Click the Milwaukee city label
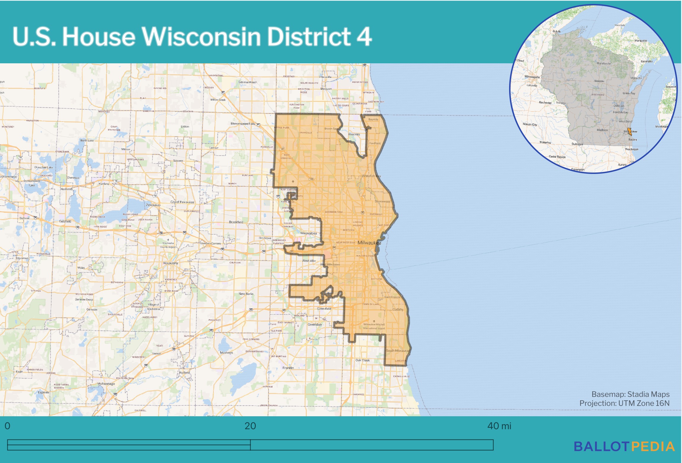[369, 243]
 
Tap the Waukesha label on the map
[170, 263]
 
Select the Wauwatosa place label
[308, 233]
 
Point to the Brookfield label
[236, 222]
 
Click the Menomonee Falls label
[243, 124]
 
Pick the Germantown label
[248, 82]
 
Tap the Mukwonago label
[106, 384]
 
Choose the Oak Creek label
[363, 360]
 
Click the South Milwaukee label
[397, 351]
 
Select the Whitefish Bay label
[371, 176]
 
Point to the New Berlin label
[246, 294]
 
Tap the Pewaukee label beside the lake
[153, 205]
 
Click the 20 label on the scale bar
[250, 426]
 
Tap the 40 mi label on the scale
[499, 426]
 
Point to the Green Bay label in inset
[629, 93]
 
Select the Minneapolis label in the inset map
[532, 77]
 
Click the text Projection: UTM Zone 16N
[624, 403]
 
